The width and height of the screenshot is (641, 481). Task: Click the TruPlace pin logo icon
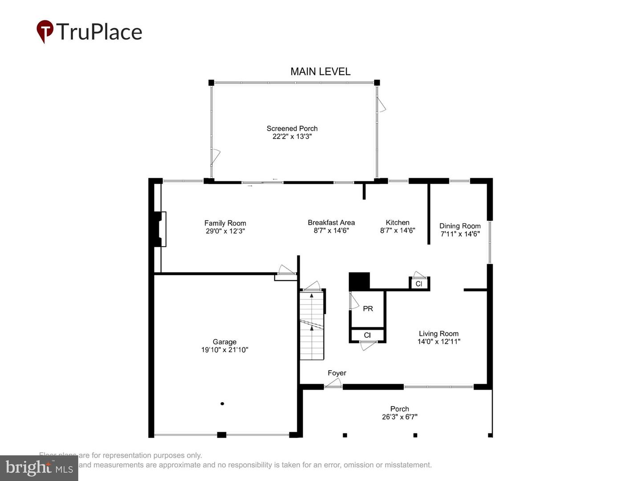[45, 31]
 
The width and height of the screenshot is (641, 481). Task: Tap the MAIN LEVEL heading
[320, 71]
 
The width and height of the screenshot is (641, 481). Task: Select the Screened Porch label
[292, 128]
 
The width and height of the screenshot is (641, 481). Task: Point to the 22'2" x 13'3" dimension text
[292, 136]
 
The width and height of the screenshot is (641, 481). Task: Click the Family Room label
[225, 223]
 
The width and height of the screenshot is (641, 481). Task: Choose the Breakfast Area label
[331, 222]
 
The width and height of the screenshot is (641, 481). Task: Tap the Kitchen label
[398, 222]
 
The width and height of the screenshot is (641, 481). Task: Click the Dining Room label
[460, 226]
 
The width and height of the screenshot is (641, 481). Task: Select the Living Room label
[438, 334]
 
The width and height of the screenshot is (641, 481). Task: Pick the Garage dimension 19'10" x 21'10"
[224, 350]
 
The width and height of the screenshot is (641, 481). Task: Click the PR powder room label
[368, 308]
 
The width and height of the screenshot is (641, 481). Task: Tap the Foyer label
[337, 373]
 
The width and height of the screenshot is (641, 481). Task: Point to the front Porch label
[399, 409]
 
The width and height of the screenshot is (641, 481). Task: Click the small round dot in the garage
[222, 404]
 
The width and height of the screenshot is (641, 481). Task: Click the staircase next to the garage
[312, 325]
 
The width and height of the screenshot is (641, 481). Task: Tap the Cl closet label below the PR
[367, 335]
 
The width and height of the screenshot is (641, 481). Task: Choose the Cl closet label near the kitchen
[418, 284]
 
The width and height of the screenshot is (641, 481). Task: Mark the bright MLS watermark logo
[39, 468]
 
